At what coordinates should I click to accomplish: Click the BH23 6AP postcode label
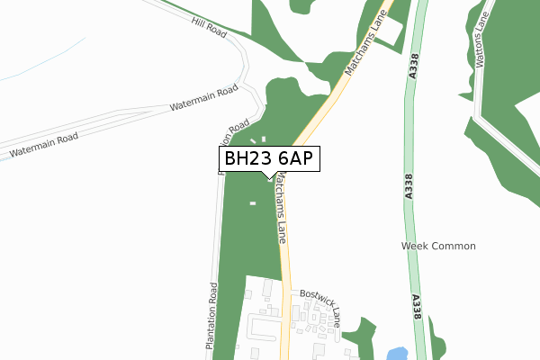pos(267,159)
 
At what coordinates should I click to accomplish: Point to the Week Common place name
pos(438,246)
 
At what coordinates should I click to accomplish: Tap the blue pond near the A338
pos(395,353)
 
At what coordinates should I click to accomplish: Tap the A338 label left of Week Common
pos(410,184)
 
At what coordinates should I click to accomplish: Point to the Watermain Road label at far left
pos(43,146)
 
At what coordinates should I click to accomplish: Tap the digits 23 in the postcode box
pos(259,159)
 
